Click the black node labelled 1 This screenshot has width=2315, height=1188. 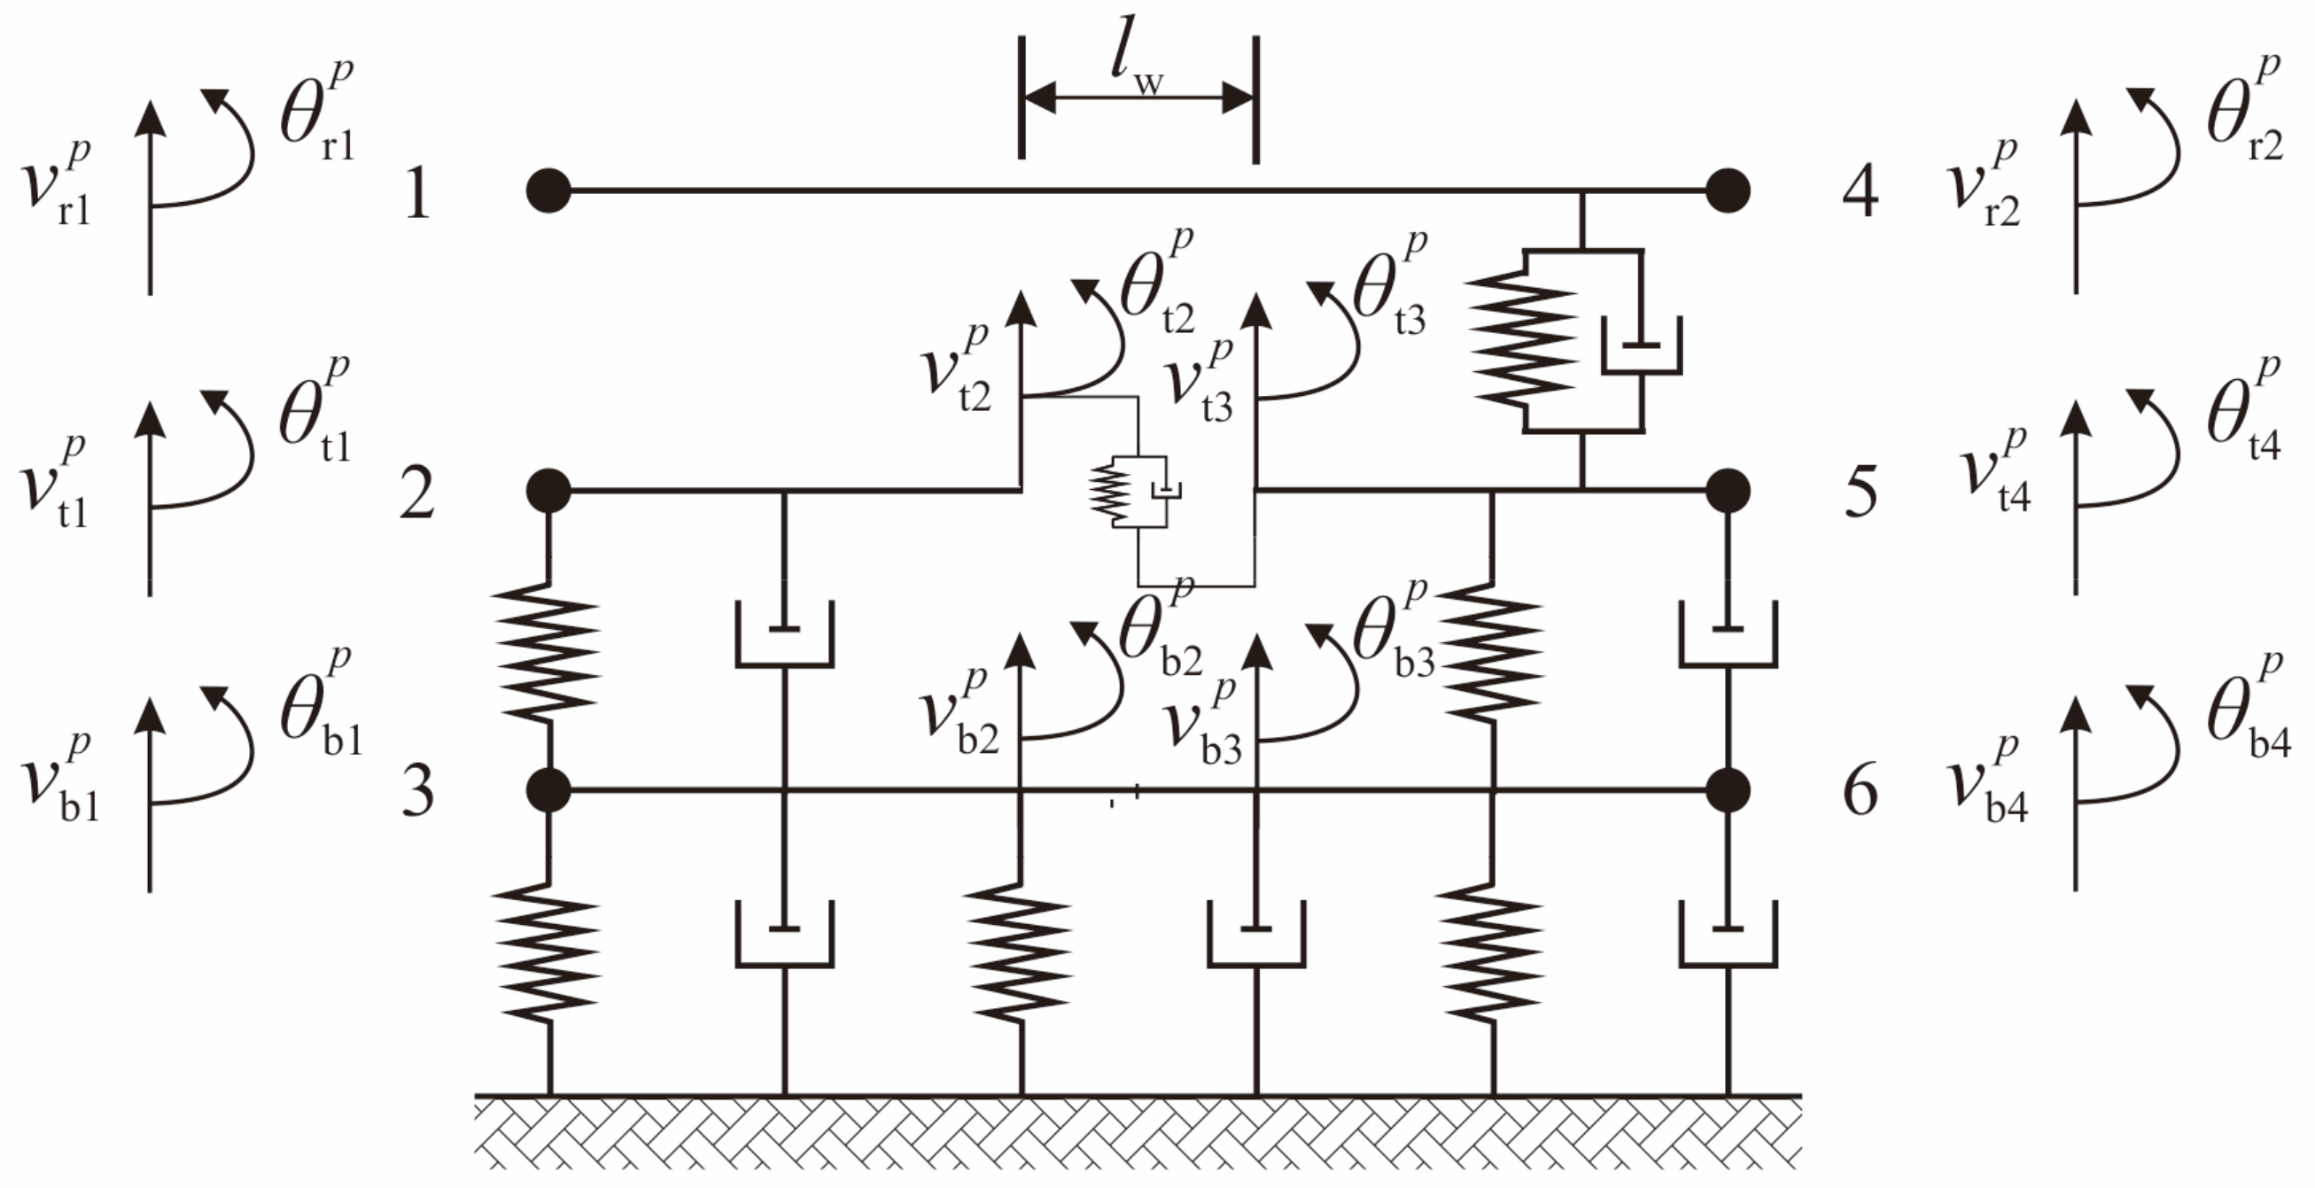548,190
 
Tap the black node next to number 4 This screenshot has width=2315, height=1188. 1728,190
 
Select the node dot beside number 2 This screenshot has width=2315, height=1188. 548,491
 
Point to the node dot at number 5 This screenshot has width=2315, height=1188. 1728,491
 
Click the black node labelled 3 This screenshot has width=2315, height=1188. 548,791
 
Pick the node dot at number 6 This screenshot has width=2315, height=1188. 1728,791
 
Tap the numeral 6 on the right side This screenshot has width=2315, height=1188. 1861,793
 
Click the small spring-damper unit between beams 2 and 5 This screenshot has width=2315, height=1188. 1134,492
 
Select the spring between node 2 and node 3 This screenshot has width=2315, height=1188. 549,651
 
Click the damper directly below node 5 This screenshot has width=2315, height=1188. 1728,633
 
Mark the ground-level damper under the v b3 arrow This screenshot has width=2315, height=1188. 1255,935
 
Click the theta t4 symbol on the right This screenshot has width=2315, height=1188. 2242,414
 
